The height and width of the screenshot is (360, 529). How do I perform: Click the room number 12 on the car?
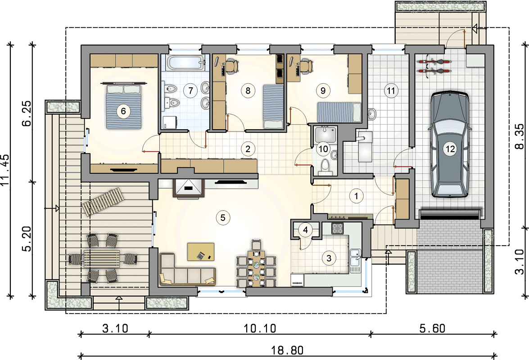450,148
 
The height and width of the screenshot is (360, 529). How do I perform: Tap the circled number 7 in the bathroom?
190,90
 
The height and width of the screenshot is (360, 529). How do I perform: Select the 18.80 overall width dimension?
287,350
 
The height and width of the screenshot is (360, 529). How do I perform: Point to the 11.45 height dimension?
5,170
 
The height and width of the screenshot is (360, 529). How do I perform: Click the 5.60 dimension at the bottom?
433,328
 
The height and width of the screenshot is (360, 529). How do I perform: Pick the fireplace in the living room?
189,188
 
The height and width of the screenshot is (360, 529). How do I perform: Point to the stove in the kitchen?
337,229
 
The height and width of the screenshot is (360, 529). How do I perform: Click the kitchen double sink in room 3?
356,260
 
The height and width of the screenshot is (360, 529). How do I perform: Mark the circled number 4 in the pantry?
306,230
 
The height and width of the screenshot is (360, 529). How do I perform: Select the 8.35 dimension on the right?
520,136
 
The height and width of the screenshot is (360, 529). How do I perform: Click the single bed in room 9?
339,112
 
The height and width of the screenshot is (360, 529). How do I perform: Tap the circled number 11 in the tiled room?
391,90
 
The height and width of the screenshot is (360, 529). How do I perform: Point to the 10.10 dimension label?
260,328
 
